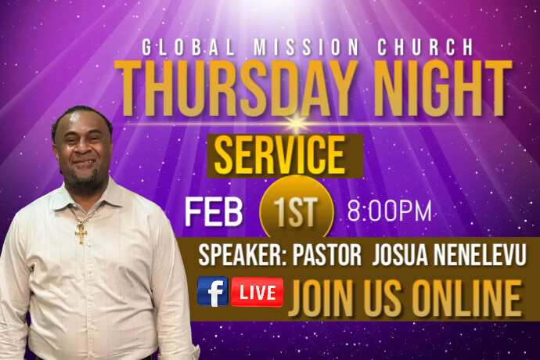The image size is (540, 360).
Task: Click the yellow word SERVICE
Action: (x=279, y=157)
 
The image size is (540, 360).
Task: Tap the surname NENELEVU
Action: (x=482, y=255)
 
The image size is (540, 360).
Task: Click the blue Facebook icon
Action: (x=212, y=292)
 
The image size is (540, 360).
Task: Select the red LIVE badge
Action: (x=257, y=292)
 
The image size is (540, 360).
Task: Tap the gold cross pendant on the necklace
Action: (x=81, y=232)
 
